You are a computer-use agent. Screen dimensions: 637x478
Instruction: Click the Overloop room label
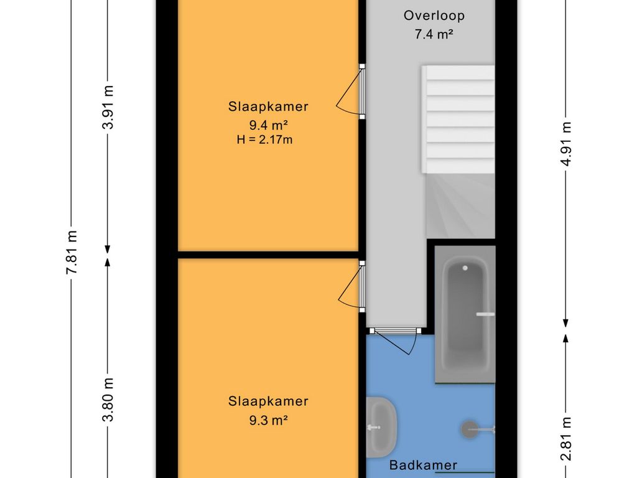tap(434, 16)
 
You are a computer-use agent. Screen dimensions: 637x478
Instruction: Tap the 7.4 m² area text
tap(434, 34)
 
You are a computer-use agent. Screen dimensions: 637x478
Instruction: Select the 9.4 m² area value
tap(268, 124)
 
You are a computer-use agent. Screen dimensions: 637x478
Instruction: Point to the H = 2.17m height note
tap(264, 140)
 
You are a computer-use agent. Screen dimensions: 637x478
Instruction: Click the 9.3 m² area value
tap(269, 420)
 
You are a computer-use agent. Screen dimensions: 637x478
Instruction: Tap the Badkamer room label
tap(423, 465)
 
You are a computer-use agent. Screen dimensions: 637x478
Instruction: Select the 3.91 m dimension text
tap(108, 107)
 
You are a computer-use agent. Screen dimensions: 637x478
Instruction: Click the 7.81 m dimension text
tap(72, 252)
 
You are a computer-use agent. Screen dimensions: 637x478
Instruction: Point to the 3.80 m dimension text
tap(108, 400)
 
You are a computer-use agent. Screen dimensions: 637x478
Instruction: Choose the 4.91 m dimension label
tap(566, 144)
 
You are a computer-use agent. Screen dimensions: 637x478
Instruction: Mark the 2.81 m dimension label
tap(566, 439)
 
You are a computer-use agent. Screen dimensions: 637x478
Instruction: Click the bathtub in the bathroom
tap(465, 314)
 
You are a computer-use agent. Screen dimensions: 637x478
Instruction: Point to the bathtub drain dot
tap(465, 268)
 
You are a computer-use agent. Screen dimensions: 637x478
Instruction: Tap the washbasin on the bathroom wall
tap(381, 427)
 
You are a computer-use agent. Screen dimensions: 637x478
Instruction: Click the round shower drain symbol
tap(470, 429)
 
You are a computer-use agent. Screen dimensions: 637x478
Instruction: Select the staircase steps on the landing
tap(458, 119)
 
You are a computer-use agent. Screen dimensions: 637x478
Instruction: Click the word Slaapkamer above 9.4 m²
tap(268, 106)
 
